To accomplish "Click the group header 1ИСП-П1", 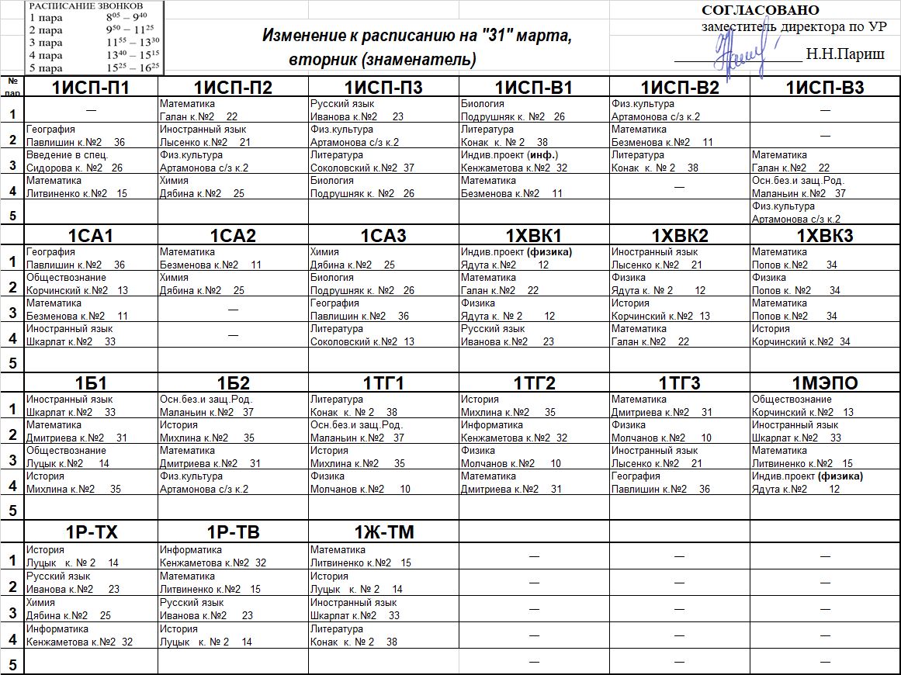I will click(91, 87).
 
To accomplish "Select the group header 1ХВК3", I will click(825, 236).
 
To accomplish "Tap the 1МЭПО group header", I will click(825, 383).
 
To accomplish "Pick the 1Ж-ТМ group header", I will click(384, 532).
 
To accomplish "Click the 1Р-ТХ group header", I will click(91, 532).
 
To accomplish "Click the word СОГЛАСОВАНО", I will click(760, 10).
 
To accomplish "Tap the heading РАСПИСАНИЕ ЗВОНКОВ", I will click(85, 5).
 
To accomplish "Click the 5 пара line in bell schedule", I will click(93, 67).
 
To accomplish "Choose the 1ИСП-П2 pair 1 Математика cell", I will click(233, 109).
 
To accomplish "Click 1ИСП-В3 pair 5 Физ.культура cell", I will click(825, 213).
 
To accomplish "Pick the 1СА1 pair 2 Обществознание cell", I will click(91, 283).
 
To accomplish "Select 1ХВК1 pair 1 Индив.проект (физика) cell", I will click(533, 258).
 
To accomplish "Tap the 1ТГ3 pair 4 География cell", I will click(679, 482).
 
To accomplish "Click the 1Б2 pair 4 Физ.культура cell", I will click(233, 482).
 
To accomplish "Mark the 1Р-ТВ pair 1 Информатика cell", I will click(233, 556).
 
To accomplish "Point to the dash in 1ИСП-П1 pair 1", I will click(91, 110).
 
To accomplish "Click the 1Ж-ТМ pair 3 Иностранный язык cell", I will click(384, 608).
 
